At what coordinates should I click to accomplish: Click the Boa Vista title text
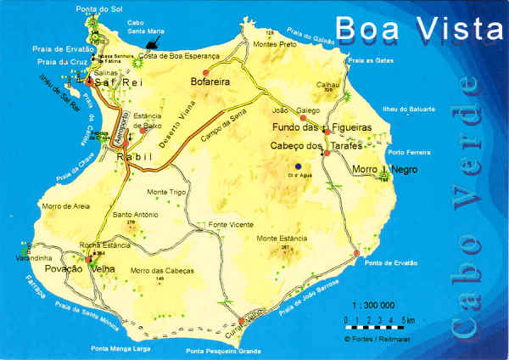pos(418,29)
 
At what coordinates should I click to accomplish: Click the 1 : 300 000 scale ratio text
pos(373,304)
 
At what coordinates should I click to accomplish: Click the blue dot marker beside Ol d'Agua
pos(297,166)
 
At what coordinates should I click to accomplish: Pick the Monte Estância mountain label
pos(279,238)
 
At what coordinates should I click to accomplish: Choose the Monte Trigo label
pos(166,192)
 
